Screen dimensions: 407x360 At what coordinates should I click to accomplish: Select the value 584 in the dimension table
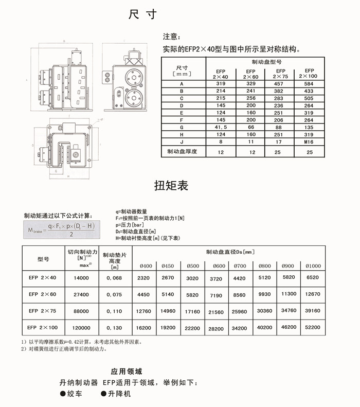tap(310, 83)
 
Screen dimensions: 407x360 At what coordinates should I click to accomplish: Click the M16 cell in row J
tap(310, 141)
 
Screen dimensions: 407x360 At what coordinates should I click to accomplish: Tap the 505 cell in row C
tap(310, 97)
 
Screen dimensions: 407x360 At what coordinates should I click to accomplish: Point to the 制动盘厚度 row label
tap(183, 152)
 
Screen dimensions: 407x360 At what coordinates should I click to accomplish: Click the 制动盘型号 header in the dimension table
tap(265, 61)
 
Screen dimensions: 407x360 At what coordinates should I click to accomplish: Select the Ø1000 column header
tap(313, 266)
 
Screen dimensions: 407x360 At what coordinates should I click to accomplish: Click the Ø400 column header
tap(146, 266)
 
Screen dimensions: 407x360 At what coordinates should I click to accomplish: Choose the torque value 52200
tap(313, 327)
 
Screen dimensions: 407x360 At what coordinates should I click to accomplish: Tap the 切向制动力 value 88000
tap(82, 311)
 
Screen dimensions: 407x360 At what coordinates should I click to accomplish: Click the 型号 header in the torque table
tap(43, 259)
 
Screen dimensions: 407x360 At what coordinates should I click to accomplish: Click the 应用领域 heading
tap(126, 371)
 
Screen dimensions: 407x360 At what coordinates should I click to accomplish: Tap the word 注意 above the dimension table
tap(171, 37)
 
